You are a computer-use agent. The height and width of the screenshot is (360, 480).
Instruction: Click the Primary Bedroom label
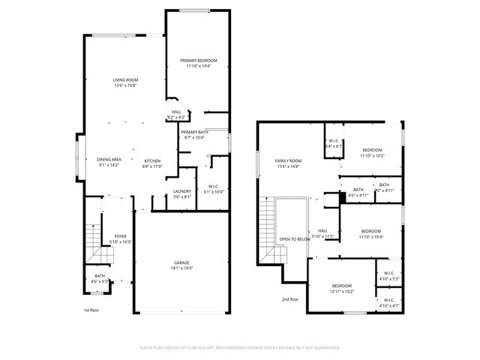199,60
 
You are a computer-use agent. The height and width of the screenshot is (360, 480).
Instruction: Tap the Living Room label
125,79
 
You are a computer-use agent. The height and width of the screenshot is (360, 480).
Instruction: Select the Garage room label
181,262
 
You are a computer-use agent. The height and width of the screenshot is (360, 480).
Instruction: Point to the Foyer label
120,235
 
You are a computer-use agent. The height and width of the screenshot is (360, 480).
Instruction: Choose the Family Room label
288,160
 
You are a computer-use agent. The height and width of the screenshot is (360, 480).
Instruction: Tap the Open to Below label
295,238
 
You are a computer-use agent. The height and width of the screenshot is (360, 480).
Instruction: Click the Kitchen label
152,160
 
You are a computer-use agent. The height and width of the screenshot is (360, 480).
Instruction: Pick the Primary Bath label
193,132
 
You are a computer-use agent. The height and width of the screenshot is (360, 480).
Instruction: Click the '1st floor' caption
91,310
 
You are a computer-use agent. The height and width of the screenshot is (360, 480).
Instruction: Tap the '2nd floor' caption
289,298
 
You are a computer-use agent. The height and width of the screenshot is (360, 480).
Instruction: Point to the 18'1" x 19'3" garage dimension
181,268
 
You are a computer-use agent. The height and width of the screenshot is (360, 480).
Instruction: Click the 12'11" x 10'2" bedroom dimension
342,291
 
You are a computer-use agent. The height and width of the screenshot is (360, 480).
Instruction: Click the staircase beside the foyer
93,238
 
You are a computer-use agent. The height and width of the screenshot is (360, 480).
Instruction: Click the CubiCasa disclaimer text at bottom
240,347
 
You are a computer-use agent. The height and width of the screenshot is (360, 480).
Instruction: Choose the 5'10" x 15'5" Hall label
322,233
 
